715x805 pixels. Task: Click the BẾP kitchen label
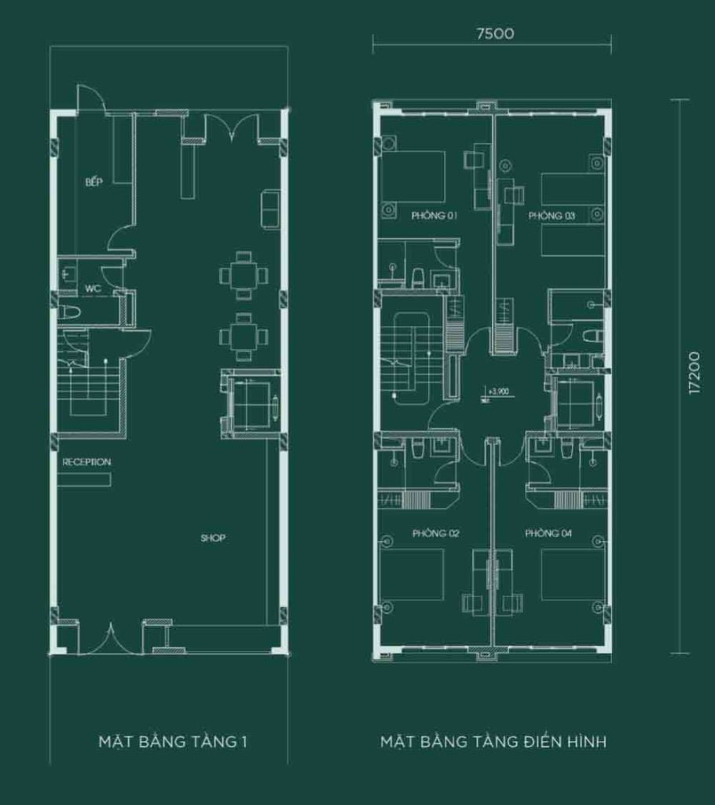click(x=95, y=182)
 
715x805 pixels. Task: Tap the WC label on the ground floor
click(x=93, y=289)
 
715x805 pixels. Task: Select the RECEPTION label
click(x=86, y=462)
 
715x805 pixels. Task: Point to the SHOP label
click(x=213, y=539)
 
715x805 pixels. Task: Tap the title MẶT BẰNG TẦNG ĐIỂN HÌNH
click(x=493, y=741)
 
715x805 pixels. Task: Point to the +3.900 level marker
click(x=498, y=390)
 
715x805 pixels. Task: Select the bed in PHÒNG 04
click(x=574, y=574)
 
